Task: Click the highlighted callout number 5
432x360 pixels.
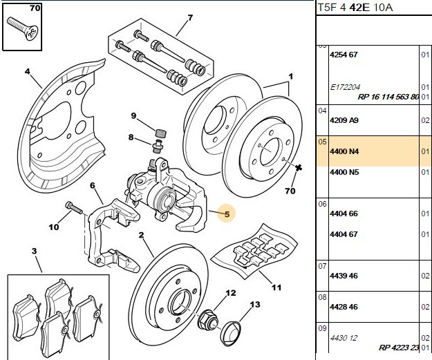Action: point(227,214)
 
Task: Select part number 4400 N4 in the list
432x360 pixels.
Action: point(344,151)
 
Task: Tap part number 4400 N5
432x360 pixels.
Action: point(344,172)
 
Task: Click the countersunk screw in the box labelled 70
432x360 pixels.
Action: point(22,29)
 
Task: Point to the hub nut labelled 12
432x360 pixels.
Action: point(208,321)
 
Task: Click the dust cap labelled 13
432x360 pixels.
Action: point(231,333)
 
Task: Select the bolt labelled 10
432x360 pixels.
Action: point(74,208)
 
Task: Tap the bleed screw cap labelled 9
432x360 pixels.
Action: point(161,133)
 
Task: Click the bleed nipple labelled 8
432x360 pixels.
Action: point(158,146)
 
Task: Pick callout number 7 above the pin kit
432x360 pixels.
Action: point(190,18)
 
